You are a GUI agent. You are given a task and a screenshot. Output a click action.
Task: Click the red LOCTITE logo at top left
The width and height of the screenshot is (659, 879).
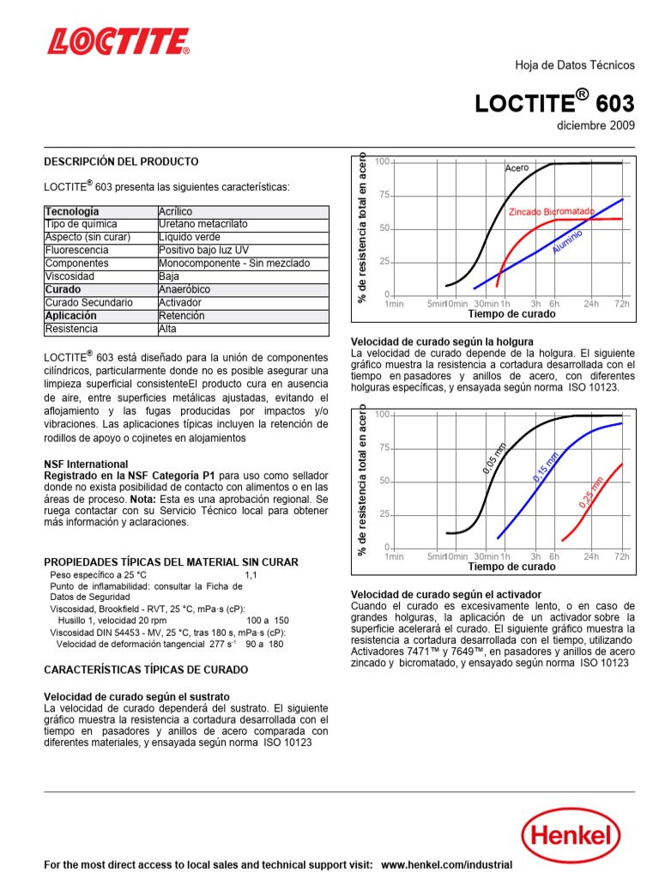click(x=118, y=41)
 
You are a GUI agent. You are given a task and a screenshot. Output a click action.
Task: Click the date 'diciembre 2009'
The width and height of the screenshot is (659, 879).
click(x=596, y=125)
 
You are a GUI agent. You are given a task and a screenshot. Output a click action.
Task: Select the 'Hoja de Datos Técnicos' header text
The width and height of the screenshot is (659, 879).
click(x=574, y=65)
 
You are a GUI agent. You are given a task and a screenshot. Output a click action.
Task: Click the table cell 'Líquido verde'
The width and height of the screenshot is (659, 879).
click(x=190, y=237)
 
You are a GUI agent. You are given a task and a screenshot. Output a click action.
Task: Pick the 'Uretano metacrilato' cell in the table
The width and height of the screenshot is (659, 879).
click(x=203, y=224)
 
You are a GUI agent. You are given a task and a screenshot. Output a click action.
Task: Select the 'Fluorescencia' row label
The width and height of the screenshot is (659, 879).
click(x=76, y=251)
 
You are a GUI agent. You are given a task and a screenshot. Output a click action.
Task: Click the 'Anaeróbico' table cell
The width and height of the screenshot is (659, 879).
click(x=184, y=290)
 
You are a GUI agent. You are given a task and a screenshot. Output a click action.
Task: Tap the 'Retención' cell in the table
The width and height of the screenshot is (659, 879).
click(x=182, y=316)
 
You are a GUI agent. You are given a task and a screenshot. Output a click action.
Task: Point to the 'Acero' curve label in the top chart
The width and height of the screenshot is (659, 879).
click(x=517, y=168)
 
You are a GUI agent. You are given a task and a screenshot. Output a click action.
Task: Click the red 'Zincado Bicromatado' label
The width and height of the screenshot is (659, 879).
click(x=552, y=211)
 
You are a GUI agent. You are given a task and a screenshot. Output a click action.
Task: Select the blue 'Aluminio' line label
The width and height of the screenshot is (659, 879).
click(x=568, y=240)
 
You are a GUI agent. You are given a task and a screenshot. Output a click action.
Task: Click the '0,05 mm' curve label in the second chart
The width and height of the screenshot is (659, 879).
click(x=494, y=457)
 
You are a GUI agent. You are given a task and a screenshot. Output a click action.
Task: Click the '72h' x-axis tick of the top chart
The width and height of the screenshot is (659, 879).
click(x=622, y=304)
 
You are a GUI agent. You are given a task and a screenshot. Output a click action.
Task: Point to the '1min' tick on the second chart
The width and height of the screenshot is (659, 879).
click(x=394, y=557)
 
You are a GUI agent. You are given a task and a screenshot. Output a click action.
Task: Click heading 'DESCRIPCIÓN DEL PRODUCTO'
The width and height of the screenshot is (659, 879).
click(x=121, y=161)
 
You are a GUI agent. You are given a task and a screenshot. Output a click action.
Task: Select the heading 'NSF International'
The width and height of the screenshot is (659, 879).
click(x=86, y=464)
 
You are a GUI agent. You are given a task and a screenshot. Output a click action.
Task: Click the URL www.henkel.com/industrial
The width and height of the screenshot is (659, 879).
click(x=446, y=865)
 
